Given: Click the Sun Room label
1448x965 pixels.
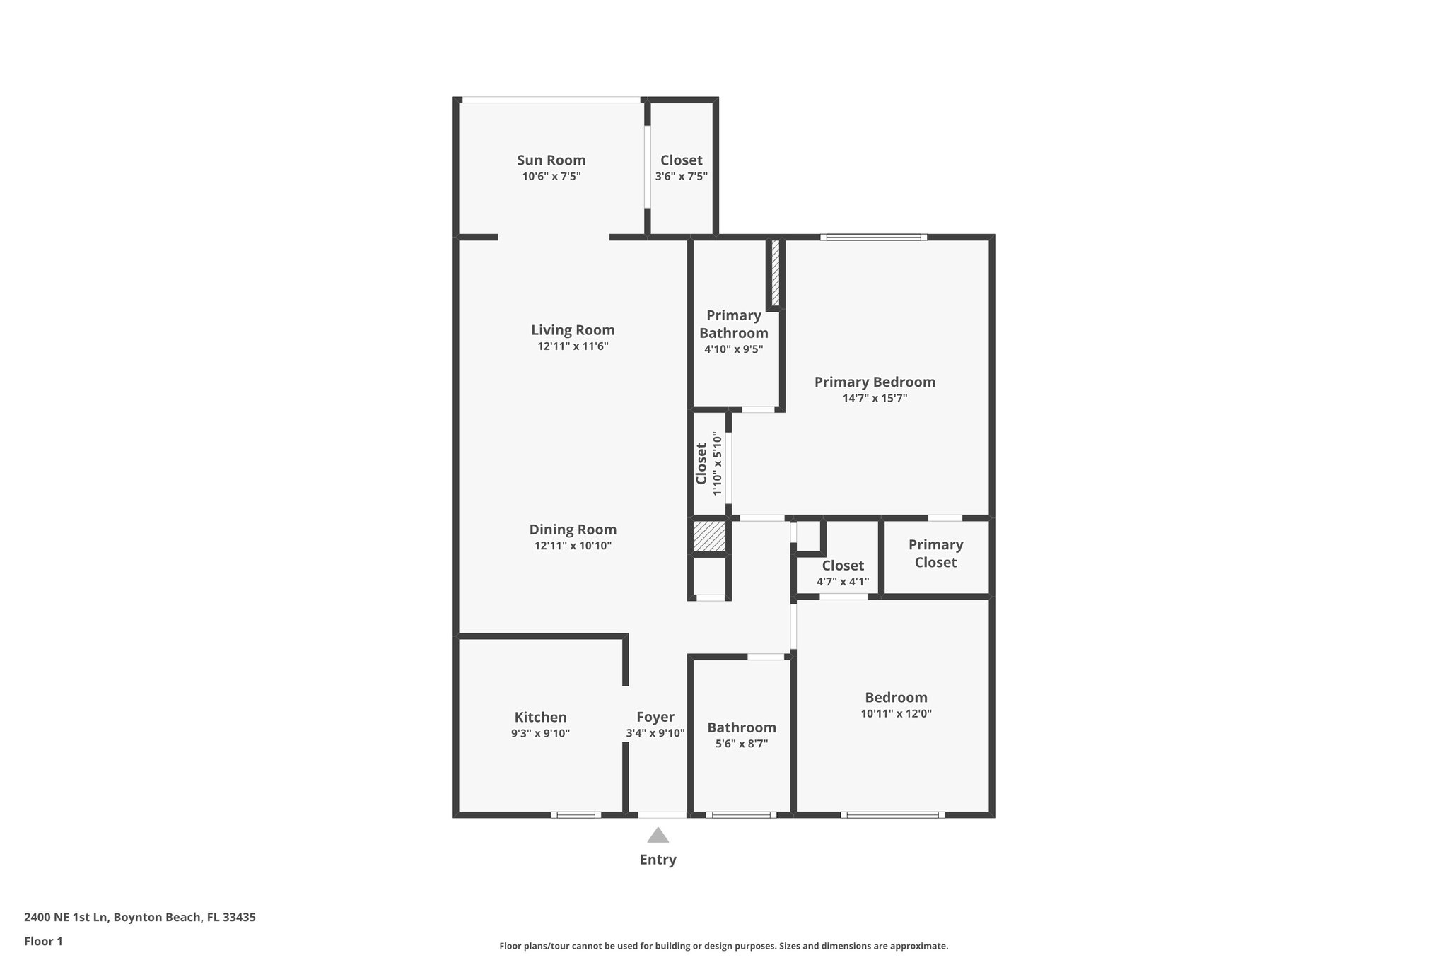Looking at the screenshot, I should [551, 160].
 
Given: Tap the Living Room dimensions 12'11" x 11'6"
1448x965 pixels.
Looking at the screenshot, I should [573, 346].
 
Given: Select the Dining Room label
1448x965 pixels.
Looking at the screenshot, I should [573, 530].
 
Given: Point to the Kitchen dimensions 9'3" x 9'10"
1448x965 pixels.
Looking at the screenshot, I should [540, 734].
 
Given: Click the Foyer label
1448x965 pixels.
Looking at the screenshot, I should [655, 717].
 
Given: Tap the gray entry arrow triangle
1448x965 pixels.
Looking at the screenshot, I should [658, 836].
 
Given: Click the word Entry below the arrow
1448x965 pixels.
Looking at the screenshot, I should [658, 860].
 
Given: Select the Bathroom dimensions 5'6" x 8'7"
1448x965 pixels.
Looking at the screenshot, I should [741, 744].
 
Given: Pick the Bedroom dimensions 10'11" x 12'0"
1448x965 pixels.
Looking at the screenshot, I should [896, 714].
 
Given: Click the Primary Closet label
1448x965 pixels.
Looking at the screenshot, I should [935, 554].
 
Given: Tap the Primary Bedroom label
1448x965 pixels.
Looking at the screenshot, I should [875, 382].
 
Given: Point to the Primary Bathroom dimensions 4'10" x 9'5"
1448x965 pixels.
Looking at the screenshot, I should [733, 349].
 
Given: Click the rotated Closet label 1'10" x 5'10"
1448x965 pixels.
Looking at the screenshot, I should [701, 464].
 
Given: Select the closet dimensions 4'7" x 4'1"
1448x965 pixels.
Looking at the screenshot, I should [843, 582].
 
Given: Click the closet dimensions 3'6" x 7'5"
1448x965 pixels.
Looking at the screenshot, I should [681, 177].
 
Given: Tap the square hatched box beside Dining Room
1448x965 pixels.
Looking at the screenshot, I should [709, 536].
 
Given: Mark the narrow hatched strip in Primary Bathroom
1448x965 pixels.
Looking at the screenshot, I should [775, 273].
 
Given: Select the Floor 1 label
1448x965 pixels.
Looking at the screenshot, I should [43, 942].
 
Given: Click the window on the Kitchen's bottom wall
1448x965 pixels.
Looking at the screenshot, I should [576, 815].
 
